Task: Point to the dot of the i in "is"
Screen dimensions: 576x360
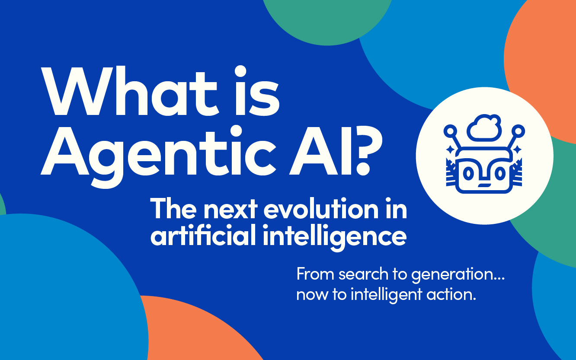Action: tap(241, 71)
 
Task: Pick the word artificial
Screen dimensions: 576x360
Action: tap(203, 235)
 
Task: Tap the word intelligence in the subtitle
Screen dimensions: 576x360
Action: tap(335, 237)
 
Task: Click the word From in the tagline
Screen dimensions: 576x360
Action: tap(316, 274)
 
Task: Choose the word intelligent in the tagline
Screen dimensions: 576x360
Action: tap(386, 295)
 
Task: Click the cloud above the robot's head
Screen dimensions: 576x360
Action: tap(484, 128)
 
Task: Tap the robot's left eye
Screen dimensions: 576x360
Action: tap(468, 174)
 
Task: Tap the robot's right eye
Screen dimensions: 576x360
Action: tap(500, 174)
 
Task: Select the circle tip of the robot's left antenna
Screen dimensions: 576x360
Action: tap(450, 131)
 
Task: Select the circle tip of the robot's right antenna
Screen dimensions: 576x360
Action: tap(518, 131)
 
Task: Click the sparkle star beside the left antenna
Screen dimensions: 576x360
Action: tap(450, 149)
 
